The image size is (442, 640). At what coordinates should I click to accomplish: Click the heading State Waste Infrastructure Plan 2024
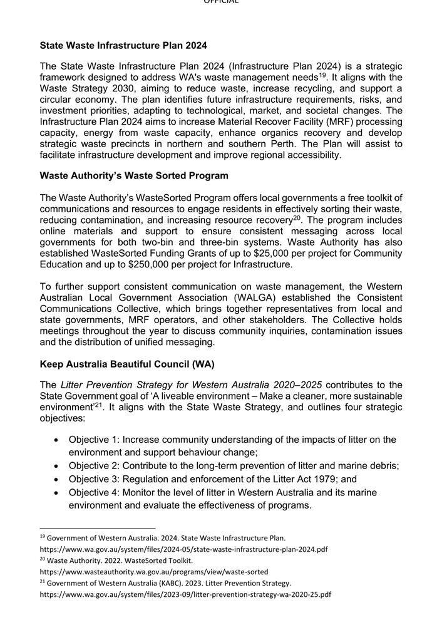click(123, 45)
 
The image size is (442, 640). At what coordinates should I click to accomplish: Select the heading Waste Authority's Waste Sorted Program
click(134, 175)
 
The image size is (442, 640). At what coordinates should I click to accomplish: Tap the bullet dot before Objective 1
click(56, 440)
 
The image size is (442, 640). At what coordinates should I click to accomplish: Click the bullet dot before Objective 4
click(56, 492)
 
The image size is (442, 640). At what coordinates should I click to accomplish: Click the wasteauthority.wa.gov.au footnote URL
click(154, 572)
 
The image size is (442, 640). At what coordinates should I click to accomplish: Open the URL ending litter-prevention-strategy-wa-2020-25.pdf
click(185, 594)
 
